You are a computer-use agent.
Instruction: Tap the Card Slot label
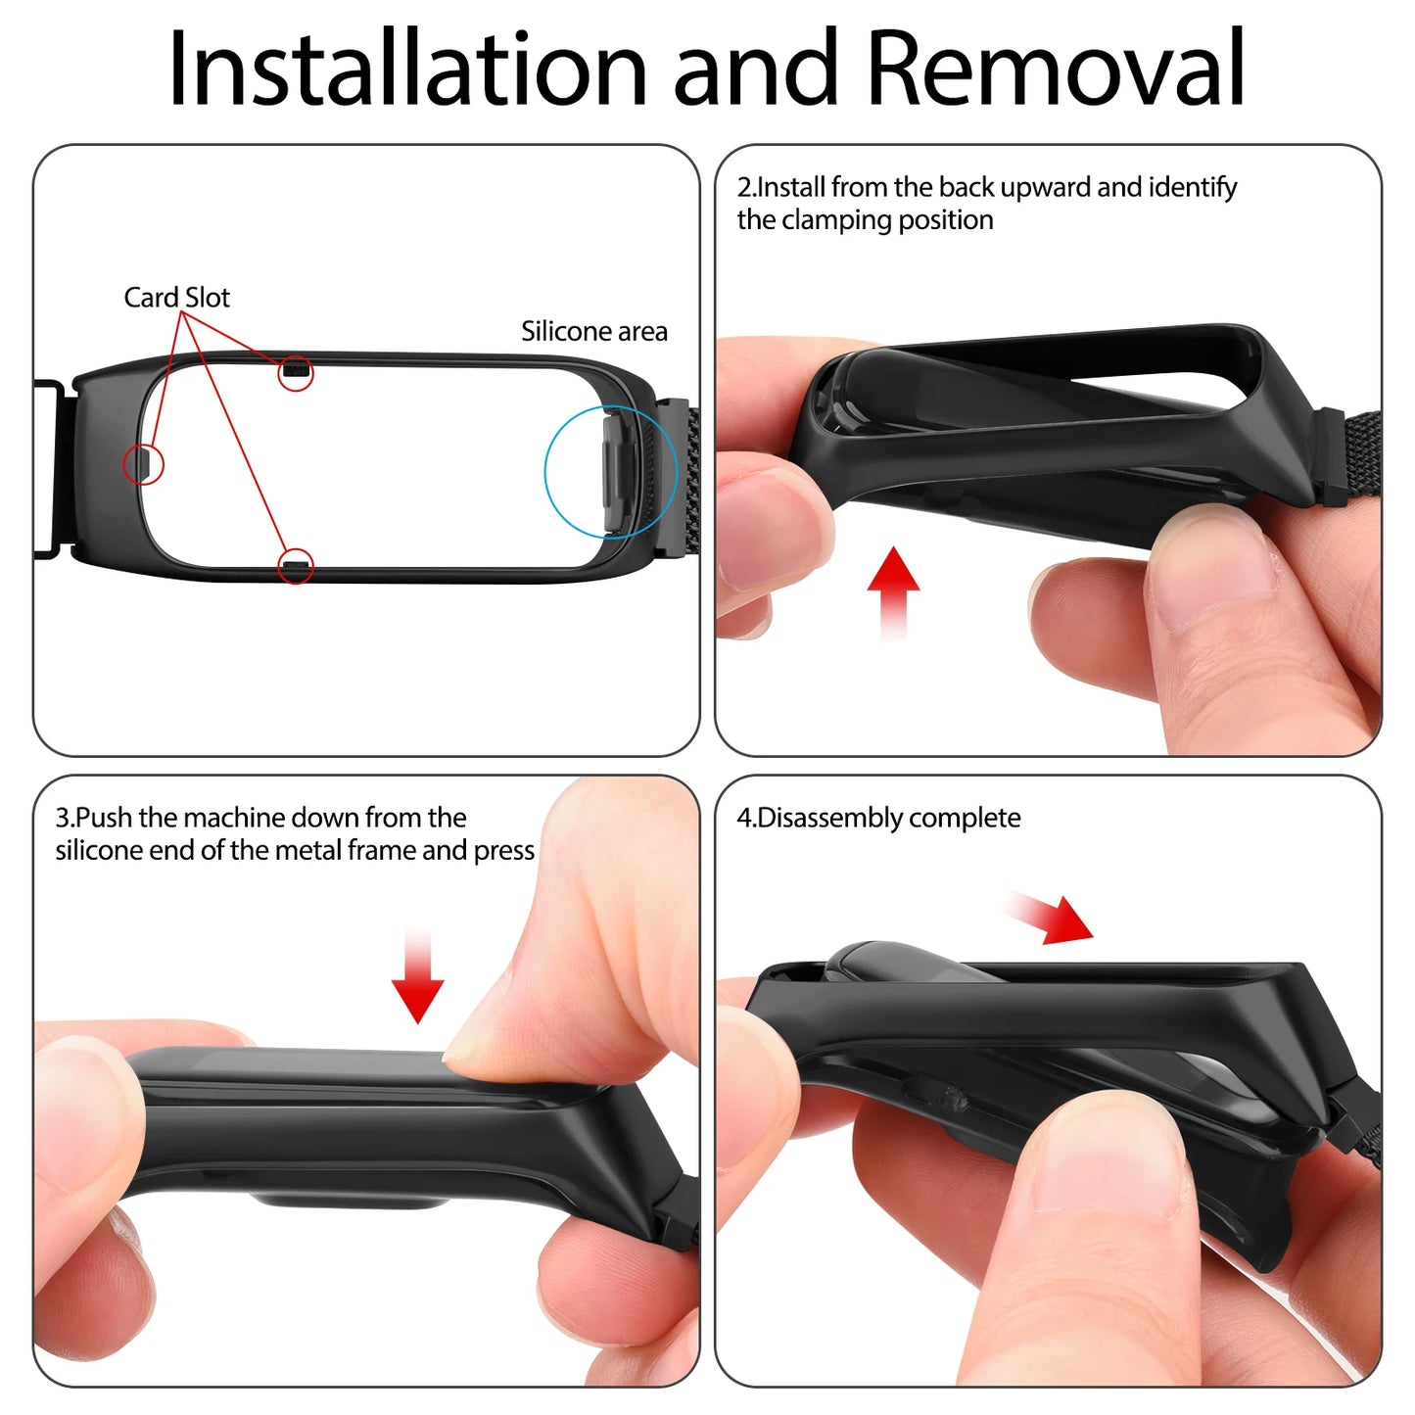(176, 298)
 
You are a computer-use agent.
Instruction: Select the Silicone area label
(594, 331)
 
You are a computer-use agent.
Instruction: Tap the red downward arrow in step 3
(417, 975)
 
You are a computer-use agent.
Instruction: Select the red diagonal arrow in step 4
(1050, 918)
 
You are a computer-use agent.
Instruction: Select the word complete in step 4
(964, 818)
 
